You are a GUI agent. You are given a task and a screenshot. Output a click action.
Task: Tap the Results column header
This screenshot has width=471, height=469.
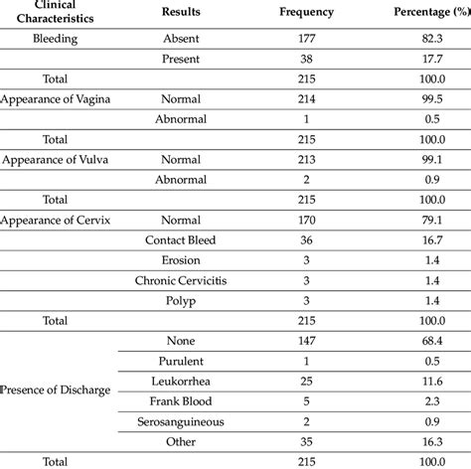coord(174,12)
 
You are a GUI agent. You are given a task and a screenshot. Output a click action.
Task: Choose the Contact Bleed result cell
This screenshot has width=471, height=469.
coord(174,239)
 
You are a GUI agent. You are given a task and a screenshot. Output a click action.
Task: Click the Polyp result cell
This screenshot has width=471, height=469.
coord(174,300)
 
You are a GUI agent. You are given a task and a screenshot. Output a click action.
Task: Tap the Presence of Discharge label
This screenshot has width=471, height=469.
coord(57,391)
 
